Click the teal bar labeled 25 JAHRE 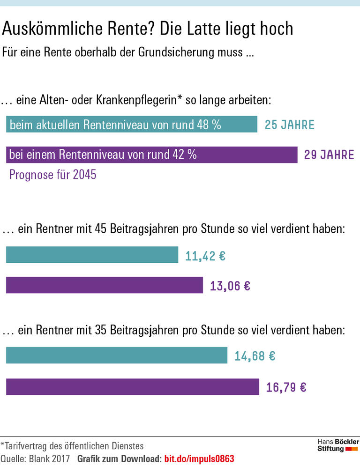pos(131,125)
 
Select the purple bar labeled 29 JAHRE pos(151,155)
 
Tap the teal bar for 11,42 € pos(92,255)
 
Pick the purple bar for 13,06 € pos(104,285)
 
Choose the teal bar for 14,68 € pos(116,355)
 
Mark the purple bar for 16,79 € pos(132,387)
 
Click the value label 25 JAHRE pos(289,125)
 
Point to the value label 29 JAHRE pos(329,155)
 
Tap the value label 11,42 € pos(205,256)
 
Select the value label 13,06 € pos(230,286)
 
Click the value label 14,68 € pos(255,356)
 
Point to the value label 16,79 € pos(286,387)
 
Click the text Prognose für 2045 pos(53,176)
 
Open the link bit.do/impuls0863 pos(199,459)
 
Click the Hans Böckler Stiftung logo pos(337,445)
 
